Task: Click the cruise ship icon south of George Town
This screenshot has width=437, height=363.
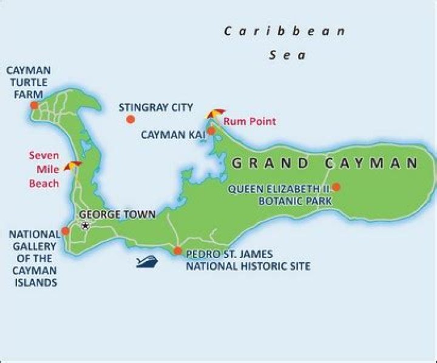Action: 147,262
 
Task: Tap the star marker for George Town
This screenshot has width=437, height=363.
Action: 85,226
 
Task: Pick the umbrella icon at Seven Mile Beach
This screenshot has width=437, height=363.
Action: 73,166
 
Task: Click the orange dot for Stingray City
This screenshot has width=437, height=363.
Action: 130,119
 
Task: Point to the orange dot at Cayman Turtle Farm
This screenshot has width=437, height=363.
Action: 34,105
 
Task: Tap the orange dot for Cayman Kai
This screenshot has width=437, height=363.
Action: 211,131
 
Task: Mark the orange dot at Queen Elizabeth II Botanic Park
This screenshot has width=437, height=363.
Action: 336,187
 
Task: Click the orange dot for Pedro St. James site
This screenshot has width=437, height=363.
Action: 177,250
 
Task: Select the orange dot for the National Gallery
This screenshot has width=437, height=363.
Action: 65,231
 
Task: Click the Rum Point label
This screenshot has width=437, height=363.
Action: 249,121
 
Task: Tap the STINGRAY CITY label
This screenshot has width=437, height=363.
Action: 155,107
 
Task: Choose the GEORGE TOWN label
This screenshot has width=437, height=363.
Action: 117,214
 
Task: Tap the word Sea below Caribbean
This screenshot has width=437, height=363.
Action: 288,55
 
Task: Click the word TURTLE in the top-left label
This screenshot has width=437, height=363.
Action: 29,83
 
